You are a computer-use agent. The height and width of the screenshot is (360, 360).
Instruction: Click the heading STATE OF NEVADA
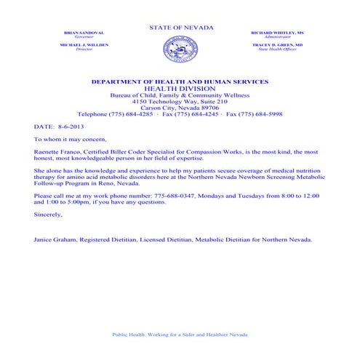pos(181,28)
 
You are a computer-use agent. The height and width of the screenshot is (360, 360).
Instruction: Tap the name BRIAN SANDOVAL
pos(84,33)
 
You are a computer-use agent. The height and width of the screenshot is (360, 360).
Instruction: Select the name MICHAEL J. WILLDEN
pos(84,45)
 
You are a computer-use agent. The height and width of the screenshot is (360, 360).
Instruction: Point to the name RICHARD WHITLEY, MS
pos(278,33)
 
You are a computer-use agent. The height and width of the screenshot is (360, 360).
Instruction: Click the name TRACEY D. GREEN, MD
pos(278,45)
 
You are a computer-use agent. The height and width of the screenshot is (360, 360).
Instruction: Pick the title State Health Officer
pos(278,49)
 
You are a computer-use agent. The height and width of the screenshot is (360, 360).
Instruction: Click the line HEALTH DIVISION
pos(181,89)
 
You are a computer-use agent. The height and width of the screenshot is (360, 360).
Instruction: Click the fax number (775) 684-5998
pos(267,114)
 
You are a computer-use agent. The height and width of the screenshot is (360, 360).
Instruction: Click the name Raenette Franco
pos(54,152)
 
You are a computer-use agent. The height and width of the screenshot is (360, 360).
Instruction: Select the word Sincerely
pos(49,215)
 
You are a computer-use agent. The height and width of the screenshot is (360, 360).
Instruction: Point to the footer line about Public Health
pos(180,335)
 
